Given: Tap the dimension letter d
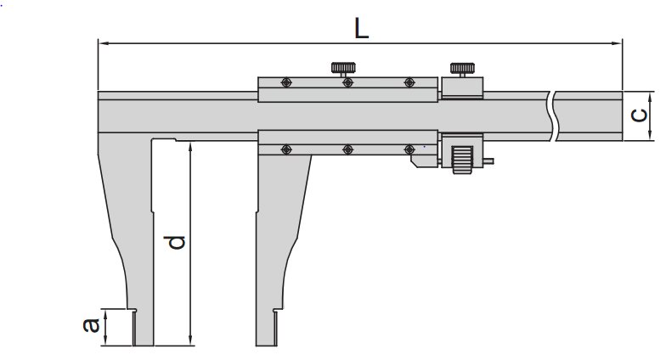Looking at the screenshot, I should (176, 242).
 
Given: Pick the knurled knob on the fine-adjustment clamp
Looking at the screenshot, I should (463, 68).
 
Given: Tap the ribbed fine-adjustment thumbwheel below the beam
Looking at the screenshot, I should (460, 159).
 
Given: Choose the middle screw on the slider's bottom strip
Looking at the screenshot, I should (347, 149).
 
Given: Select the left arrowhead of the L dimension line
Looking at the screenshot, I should (103, 41).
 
